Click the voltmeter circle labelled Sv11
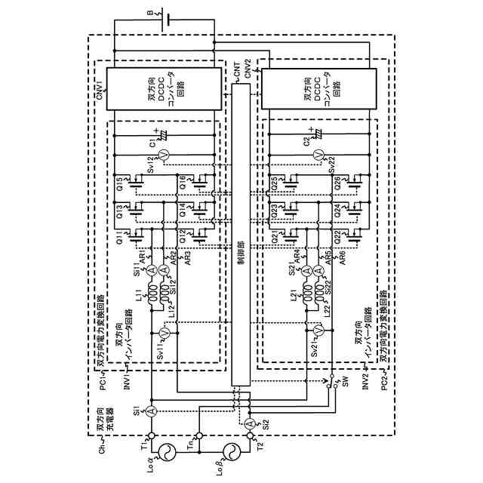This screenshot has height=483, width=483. point(165,332)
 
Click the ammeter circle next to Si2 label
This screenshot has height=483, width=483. point(249,422)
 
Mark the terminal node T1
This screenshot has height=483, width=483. point(151,435)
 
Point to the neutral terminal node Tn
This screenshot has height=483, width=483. point(199,435)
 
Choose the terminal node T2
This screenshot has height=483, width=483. point(249,435)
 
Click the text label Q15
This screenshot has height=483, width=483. point(119,183)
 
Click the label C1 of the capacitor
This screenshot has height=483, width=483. point(152,141)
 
